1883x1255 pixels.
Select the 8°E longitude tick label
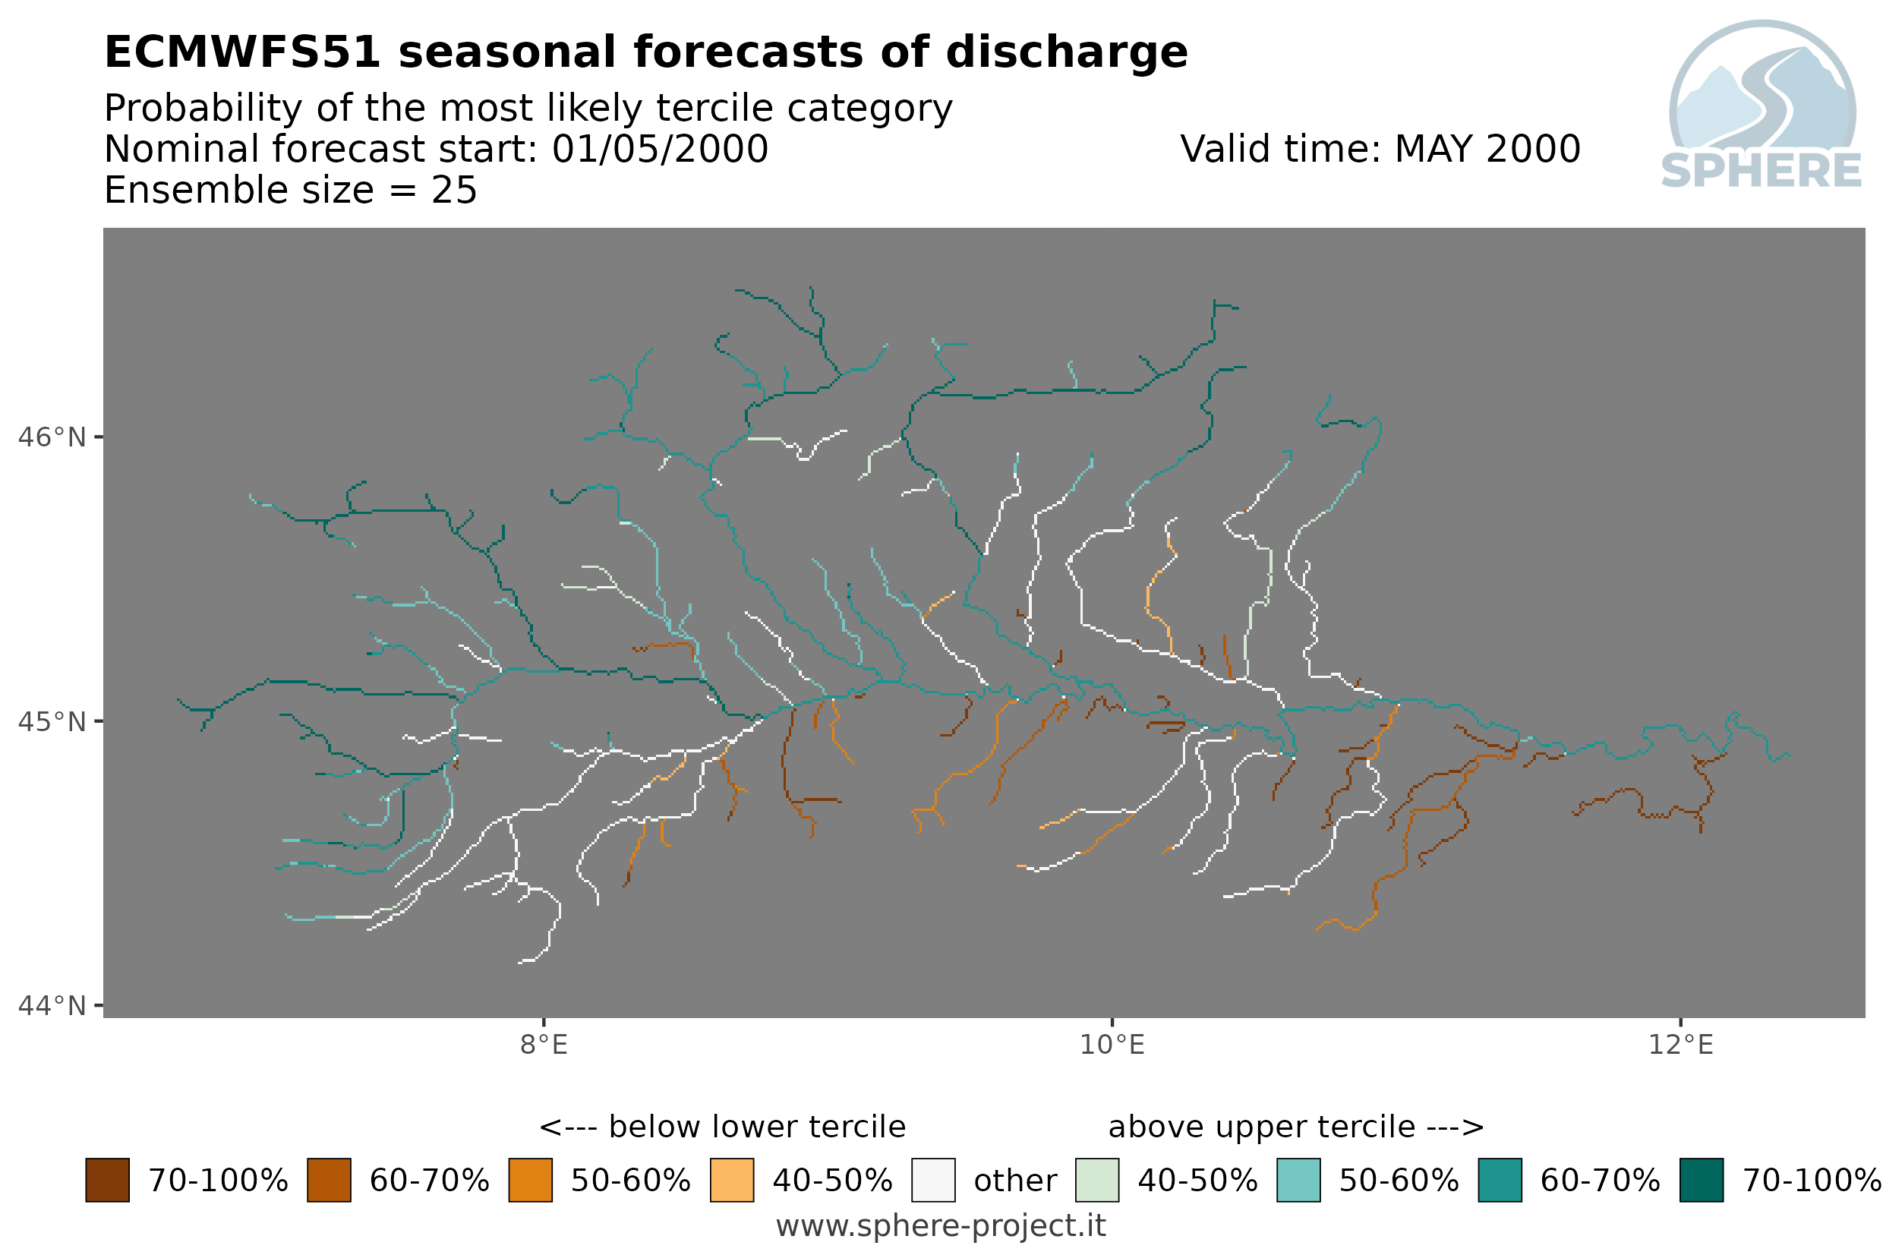[x=544, y=1045]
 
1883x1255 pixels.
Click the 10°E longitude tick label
[x=1112, y=1045]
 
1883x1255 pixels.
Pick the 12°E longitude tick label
[x=1680, y=1045]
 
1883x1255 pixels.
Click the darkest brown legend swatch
[x=107, y=1181]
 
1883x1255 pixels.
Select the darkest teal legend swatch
[x=1702, y=1181]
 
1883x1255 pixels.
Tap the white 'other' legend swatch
[x=933, y=1181]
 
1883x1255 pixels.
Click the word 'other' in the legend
[x=1014, y=1181]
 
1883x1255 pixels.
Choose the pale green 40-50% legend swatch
[x=1097, y=1181]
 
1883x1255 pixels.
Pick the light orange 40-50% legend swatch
[x=731, y=1181]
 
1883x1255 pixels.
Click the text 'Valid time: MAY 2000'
[x=1380, y=149]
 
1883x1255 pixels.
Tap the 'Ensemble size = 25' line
[x=291, y=191]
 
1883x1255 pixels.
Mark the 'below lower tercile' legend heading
[x=723, y=1127]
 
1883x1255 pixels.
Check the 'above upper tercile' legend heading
[x=1296, y=1127]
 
